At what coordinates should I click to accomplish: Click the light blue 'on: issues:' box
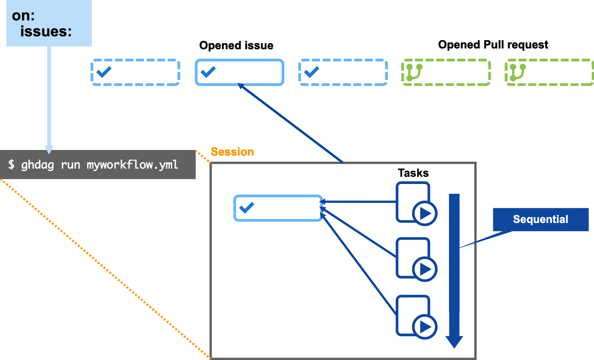(49, 23)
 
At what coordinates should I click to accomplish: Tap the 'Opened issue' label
(236, 45)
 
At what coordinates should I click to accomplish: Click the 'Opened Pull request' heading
(493, 45)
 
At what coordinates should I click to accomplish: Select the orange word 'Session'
(232, 152)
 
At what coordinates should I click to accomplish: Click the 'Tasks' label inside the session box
(413, 173)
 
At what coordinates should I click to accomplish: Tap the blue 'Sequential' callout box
(540, 219)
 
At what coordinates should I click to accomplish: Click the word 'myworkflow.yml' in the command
(132, 165)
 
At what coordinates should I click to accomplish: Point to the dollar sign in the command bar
(12, 164)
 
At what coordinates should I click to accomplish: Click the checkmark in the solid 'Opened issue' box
(208, 72)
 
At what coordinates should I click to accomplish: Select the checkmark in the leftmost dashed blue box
(104, 72)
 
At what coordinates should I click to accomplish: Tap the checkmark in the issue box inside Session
(247, 207)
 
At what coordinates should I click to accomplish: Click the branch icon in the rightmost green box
(517, 72)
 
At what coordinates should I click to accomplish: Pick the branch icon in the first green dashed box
(414, 72)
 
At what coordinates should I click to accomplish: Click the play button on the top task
(425, 214)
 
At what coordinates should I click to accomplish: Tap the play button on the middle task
(425, 269)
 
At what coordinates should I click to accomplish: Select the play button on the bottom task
(425, 327)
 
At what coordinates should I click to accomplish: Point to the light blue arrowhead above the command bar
(49, 150)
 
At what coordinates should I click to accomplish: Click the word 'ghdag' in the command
(37, 165)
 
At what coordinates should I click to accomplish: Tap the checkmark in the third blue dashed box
(312, 72)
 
